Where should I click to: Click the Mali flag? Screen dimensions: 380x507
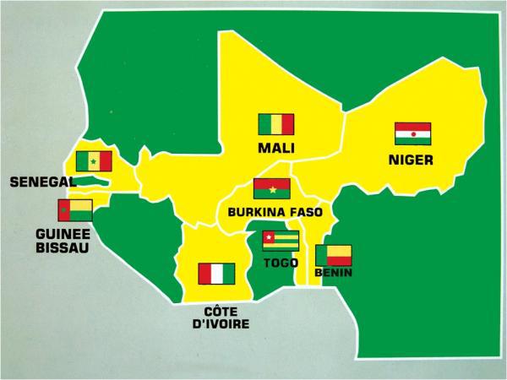(x=275, y=125)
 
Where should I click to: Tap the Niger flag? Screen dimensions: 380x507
(x=412, y=133)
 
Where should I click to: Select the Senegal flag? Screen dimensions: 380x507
(x=93, y=161)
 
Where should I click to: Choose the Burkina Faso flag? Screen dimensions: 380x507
(x=271, y=188)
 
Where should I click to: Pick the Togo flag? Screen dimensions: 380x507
(x=281, y=242)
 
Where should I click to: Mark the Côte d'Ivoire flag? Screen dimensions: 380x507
(x=216, y=274)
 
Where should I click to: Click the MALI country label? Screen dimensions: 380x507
(x=276, y=149)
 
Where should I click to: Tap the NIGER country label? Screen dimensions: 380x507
(x=412, y=159)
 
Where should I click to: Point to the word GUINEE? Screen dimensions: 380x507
(x=64, y=234)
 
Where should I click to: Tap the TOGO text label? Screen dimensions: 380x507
(x=281, y=264)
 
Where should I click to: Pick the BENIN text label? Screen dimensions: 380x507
(x=333, y=274)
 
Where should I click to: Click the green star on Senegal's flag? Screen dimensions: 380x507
(x=93, y=161)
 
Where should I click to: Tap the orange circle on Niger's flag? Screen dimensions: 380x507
(x=412, y=133)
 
